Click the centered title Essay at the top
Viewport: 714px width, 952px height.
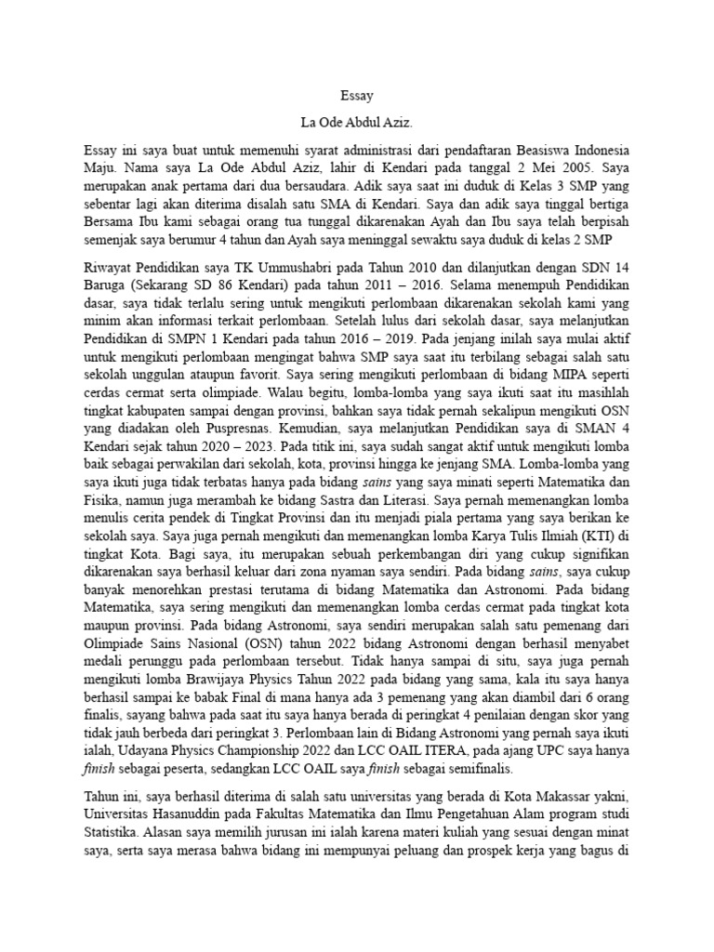(357, 95)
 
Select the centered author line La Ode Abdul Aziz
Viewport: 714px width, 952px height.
(357, 122)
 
